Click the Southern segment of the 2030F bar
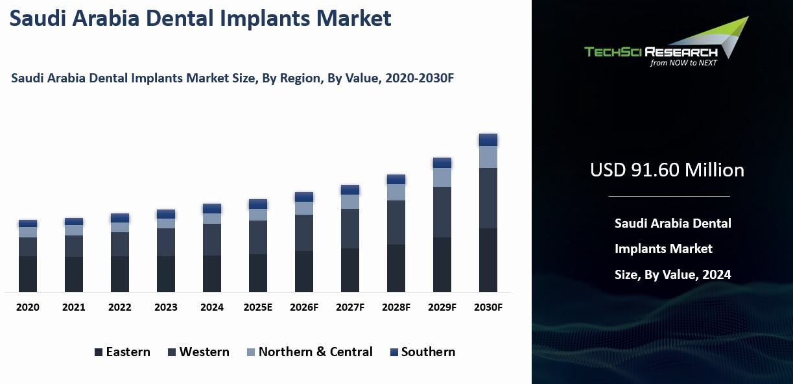click(x=488, y=139)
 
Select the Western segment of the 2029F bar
click(x=442, y=212)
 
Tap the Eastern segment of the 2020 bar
click(x=28, y=274)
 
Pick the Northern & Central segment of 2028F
click(x=396, y=192)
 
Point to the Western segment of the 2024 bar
click(x=212, y=239)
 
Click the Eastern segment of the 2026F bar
click(x=304, y=271)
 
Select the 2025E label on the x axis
click(x=258, y=307)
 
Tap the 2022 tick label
click(x=120, y=307)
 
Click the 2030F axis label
click(x=488, y=307)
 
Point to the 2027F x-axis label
click(x=350, y=307)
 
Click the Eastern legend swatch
click(x=99, y=353)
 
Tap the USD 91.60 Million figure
click(x=667, y=170)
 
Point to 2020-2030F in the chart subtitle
click(x=419, y=78)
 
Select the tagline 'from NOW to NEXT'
click(x=683, y=63)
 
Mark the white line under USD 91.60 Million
click(x=669, y=196)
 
